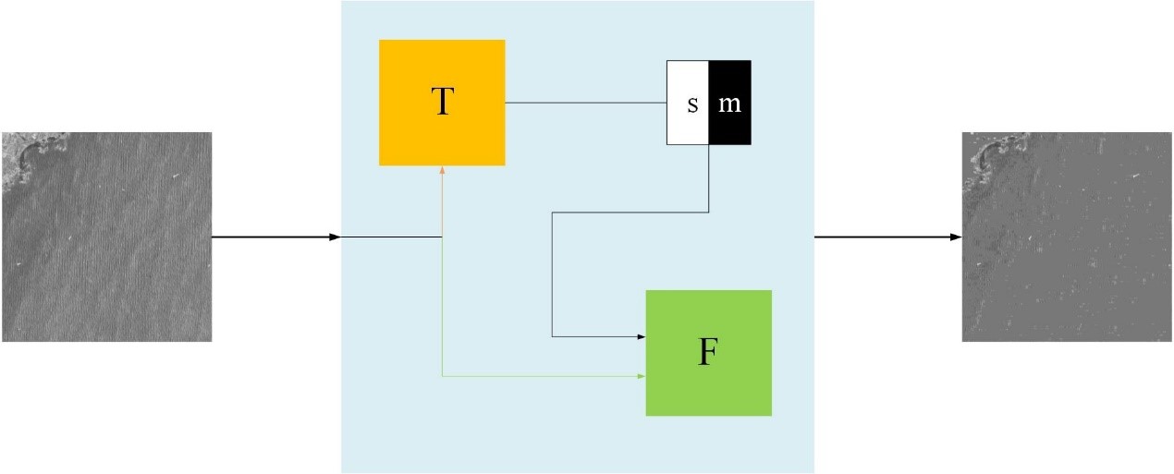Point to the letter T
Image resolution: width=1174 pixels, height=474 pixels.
tap(442, 103)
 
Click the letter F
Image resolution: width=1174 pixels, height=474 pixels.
tap(707, 353)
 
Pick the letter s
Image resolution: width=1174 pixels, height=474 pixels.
tap(692, 104)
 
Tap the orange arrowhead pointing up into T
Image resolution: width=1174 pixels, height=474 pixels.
tap(443, 170)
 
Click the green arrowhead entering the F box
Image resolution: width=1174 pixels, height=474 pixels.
tap(641, 376)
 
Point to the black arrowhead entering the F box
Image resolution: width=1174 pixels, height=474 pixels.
tap(641, 336)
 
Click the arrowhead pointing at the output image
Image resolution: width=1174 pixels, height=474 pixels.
tap(956, 237)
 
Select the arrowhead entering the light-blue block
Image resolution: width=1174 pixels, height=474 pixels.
tap(336, 237)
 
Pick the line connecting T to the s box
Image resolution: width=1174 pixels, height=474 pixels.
tap(585, 103)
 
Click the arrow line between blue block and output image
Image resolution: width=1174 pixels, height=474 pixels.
tap(883, 237)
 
